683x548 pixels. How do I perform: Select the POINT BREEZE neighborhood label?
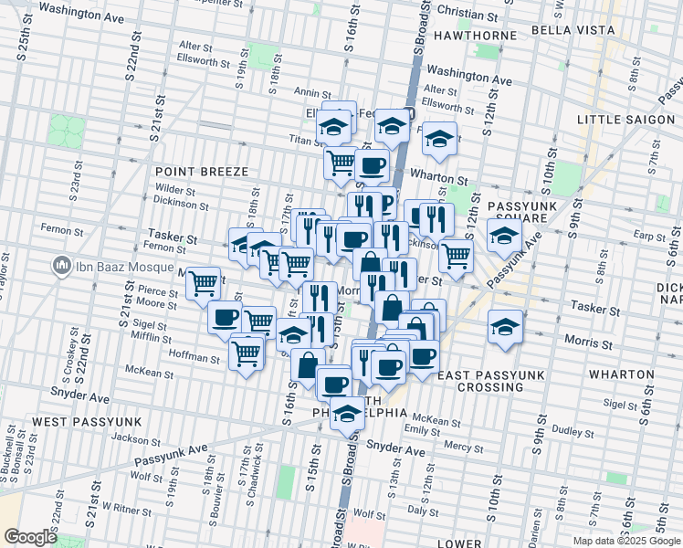(x=196, y=172)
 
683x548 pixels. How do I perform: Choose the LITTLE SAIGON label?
(x=628, y=120)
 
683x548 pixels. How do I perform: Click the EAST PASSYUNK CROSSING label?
(x=490, y=381)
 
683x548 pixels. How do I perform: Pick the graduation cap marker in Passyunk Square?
(x=503, y=235)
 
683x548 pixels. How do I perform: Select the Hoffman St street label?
(x=195, y=358)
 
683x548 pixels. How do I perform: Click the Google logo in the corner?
(x=30, y=537)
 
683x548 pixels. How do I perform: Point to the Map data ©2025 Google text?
(x=625, y=541)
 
